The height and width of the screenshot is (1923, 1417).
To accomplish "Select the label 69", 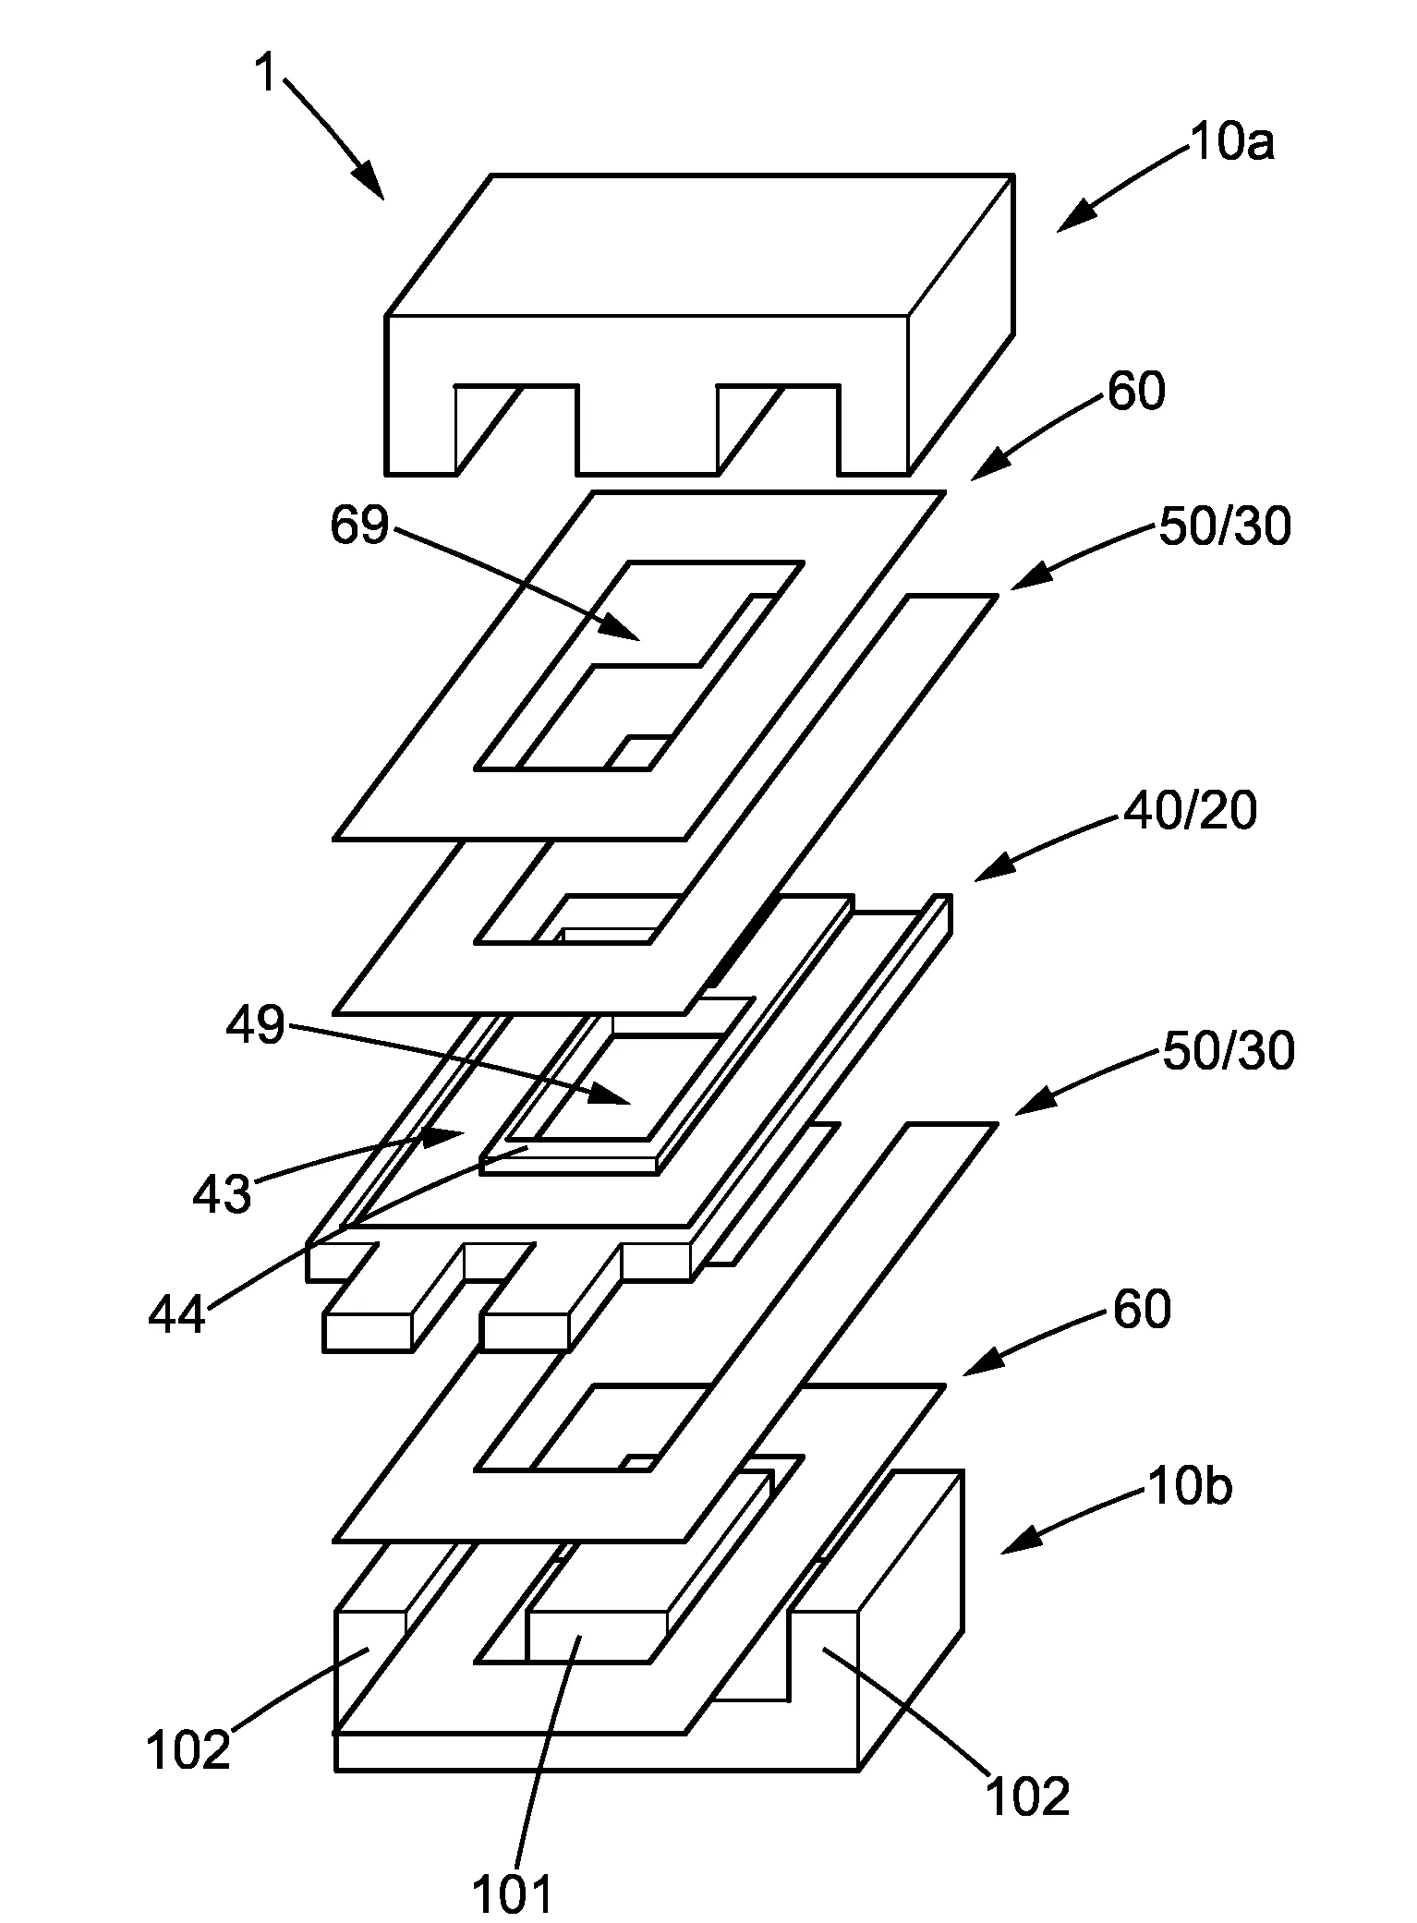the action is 359,526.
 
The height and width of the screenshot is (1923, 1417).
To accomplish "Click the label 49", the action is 258,1024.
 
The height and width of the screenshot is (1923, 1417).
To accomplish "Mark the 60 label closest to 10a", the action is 1136,392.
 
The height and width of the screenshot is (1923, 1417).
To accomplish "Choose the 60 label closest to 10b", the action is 1142,1310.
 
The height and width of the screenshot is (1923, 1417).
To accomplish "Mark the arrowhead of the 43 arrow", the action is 442,1135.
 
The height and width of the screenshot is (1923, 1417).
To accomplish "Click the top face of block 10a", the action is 700,245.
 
